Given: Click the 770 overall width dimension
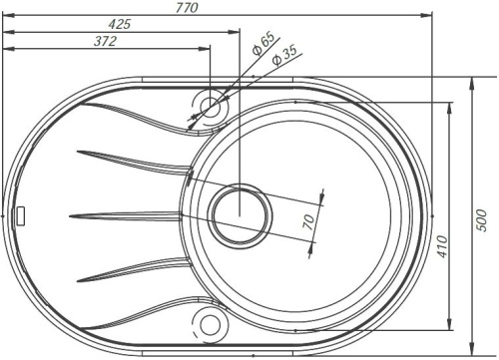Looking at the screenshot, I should coord(214,8).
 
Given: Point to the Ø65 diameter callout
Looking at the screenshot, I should coord(264,44).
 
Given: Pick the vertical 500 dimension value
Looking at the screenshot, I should coord(481,221).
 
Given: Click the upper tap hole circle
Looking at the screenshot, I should coord(211,104).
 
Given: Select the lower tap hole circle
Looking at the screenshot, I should coord(211,323).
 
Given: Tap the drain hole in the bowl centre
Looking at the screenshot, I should coord(240,212).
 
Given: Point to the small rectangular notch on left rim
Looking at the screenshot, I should coord(23,212).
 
